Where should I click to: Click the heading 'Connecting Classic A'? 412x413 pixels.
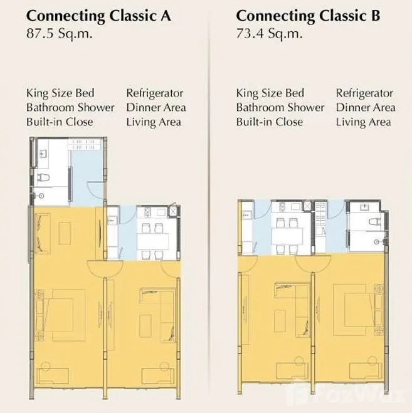(x=98, y=16)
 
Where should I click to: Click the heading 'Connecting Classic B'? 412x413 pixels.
(x=308, y=16)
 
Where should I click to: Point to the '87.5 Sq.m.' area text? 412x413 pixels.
(x=60, y=34)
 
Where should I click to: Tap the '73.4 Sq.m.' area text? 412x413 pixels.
(x=269, y=34)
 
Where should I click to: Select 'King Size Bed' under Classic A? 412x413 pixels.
(x=60, y=93)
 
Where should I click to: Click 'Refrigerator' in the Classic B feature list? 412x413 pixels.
(x=364, y=93)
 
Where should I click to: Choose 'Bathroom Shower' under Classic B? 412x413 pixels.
(x=280, y=107)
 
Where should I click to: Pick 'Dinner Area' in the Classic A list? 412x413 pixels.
(x=156, y=107)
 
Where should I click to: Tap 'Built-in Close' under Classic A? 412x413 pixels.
(x=60, y=122)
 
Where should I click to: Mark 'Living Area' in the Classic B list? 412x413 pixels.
(x=364, y=122)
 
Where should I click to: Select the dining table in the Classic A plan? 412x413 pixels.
(x=153, y=241)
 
